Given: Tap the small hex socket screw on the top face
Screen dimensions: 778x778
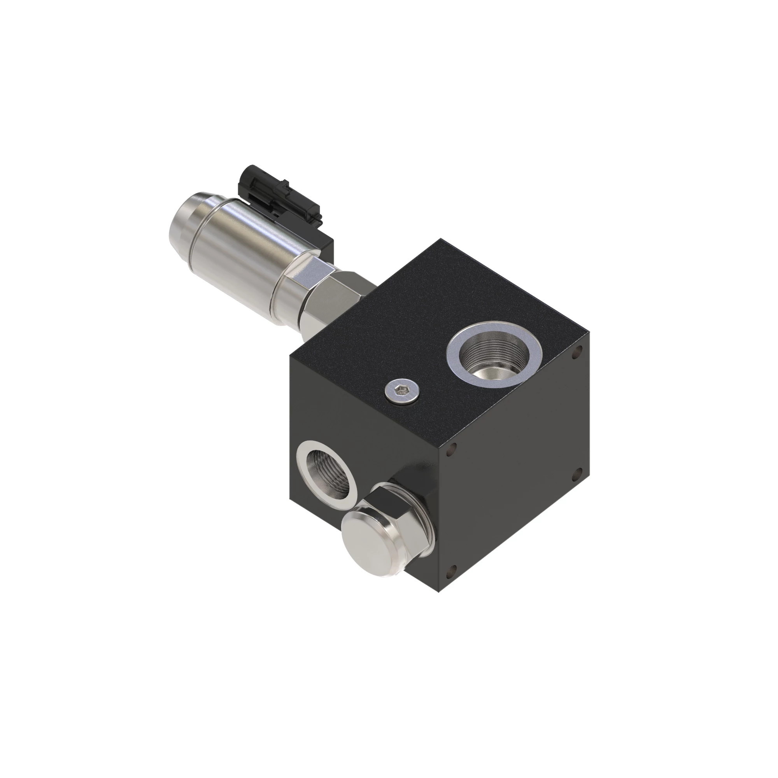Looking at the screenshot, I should tap(400, 389).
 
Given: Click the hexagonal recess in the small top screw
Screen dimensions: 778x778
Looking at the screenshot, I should tap(400, 389).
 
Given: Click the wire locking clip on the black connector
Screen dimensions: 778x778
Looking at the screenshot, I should tap(258, 185).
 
